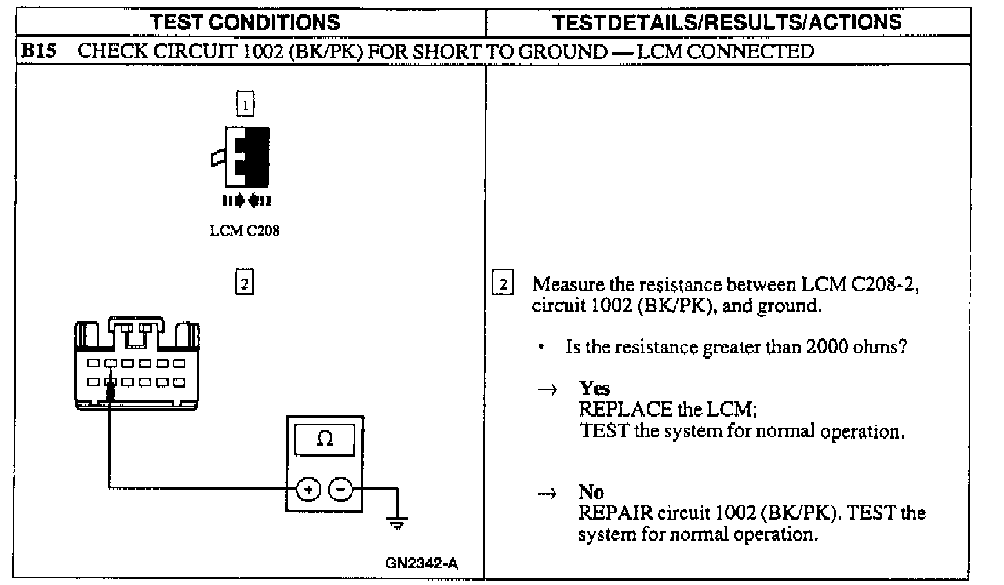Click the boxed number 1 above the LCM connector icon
point(245,105)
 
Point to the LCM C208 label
point(245,231)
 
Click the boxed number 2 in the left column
point(245,283)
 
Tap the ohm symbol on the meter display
point(324,439)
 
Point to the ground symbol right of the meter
point(396,522)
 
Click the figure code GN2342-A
point(421,564)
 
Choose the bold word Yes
point(594,388)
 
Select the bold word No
point(591,492)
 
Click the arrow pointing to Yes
point(547,390)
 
